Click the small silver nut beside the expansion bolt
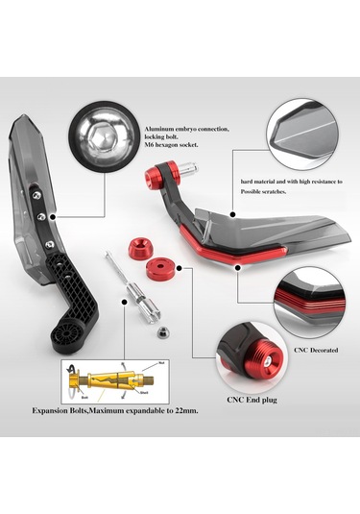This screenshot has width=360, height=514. (164, 331)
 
